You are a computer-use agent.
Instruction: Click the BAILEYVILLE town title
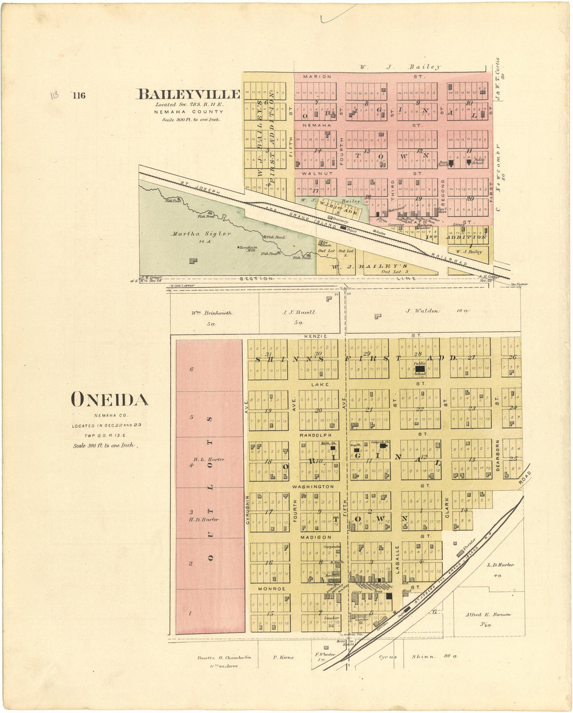click(x=188, y=94)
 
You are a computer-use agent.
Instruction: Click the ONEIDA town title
click(x=109, y=399)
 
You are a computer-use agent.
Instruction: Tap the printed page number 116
click(x=79, y=95)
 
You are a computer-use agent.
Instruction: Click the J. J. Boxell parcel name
click(x=299, y=312)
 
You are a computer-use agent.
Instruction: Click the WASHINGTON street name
click(x=313, y=486)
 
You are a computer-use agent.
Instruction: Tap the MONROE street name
click(x=272, y=589)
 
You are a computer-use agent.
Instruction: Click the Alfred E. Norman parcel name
click(x=488, y=615)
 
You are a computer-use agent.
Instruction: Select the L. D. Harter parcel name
click(x=500, y=565)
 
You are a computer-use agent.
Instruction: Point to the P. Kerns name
click(x=283, y=657)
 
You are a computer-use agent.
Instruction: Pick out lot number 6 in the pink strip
click(x=192, y=369)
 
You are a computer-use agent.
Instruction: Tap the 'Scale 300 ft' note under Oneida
click(x=104, y=446)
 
